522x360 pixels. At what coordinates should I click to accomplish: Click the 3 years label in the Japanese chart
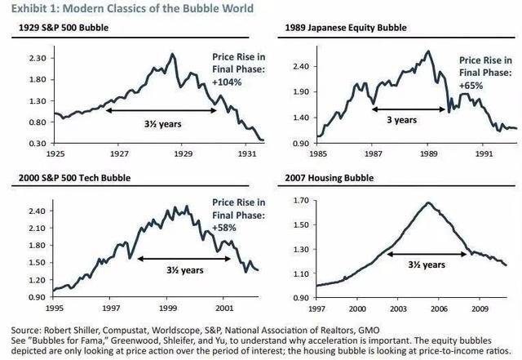[400, 119]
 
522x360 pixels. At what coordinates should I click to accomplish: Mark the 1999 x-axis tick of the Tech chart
[169, 309]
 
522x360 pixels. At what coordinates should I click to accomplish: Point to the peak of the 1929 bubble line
[172, 55]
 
